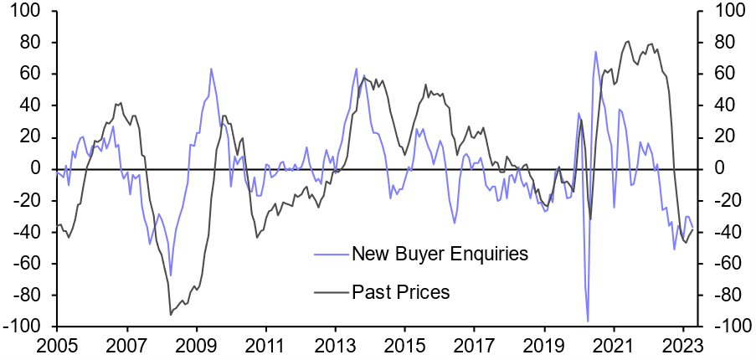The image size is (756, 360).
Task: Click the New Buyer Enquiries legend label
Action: click(440, 254)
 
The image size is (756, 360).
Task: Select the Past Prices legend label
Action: click(401, 292)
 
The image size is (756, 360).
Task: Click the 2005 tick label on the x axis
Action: click(58, 344)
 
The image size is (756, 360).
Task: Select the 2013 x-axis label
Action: click(335, 344)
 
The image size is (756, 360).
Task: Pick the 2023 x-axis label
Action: click(681, 344)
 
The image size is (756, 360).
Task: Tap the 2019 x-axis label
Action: click(543, 344)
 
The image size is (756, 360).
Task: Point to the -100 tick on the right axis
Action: click(727, 326)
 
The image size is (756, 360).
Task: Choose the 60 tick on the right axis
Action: click(719, 74)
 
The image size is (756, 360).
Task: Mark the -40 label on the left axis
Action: click(32, 231)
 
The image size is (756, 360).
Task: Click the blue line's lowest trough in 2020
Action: click(588, 321)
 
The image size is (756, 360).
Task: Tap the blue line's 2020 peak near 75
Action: click(596, 52)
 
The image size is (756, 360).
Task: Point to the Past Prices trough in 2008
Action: click(170, 314)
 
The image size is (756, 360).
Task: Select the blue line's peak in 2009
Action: click(211, 69)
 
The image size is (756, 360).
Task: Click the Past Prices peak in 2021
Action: click(629, 41)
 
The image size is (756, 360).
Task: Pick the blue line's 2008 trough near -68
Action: click(171, 275)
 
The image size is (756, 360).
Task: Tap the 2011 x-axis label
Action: click(265, 344)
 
